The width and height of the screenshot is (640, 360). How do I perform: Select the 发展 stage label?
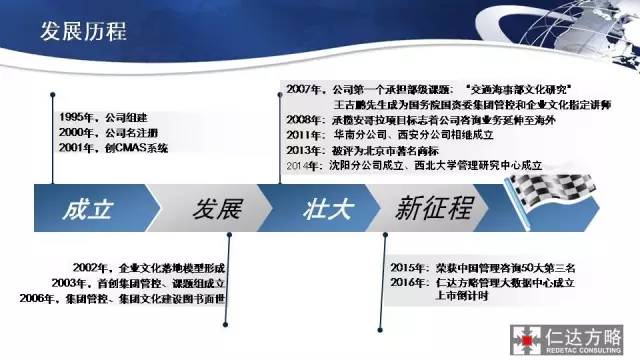[217, 210]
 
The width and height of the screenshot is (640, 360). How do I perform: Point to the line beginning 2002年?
[150, 269]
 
